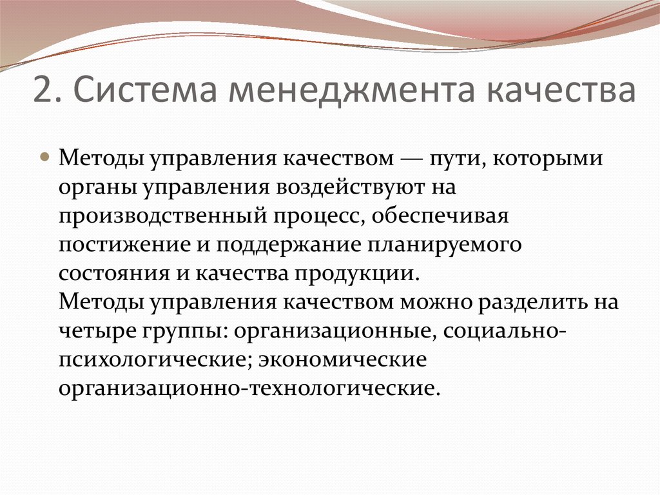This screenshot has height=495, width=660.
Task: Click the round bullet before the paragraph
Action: [x=46, y=158]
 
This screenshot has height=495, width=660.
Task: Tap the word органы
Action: [x=97, y=188]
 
